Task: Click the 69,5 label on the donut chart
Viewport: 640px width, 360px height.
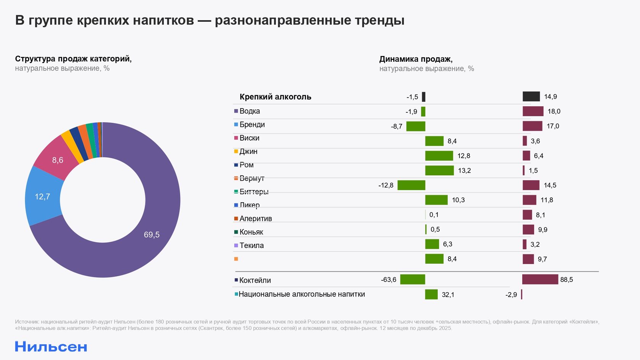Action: (152, 235)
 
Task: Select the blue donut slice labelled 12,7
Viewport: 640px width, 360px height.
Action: (43, 197)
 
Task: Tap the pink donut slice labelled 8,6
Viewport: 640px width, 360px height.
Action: (57, 160)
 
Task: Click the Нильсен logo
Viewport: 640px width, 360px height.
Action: (51, 347)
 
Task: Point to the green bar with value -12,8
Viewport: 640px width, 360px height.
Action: (411, 185)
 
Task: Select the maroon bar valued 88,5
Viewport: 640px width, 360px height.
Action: (540, 279)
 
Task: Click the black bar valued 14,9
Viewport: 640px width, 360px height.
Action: (531, 96)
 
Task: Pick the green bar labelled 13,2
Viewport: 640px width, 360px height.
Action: (439, 170)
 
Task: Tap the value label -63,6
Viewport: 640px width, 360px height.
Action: (389, 280)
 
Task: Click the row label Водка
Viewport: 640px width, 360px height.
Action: (250, 111)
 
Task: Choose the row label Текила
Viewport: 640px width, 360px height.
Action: (251, 245)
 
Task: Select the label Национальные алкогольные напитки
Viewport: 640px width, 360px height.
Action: (302, 294)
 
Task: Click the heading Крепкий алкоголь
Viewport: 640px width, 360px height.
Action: (275, 97)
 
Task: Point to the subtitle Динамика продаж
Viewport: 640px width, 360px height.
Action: (416, 59)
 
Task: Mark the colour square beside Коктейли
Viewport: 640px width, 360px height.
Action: (236, 280)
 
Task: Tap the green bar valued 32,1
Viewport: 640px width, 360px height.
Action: (431, 294)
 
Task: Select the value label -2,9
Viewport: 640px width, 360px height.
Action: (511, 294)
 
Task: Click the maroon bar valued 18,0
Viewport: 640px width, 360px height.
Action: (533, 111)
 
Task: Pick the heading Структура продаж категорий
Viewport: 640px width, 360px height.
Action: (73, 59)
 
